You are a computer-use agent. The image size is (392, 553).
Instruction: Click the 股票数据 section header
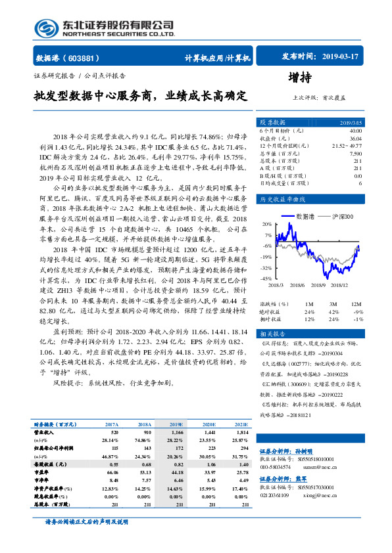[x=272, y=123]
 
